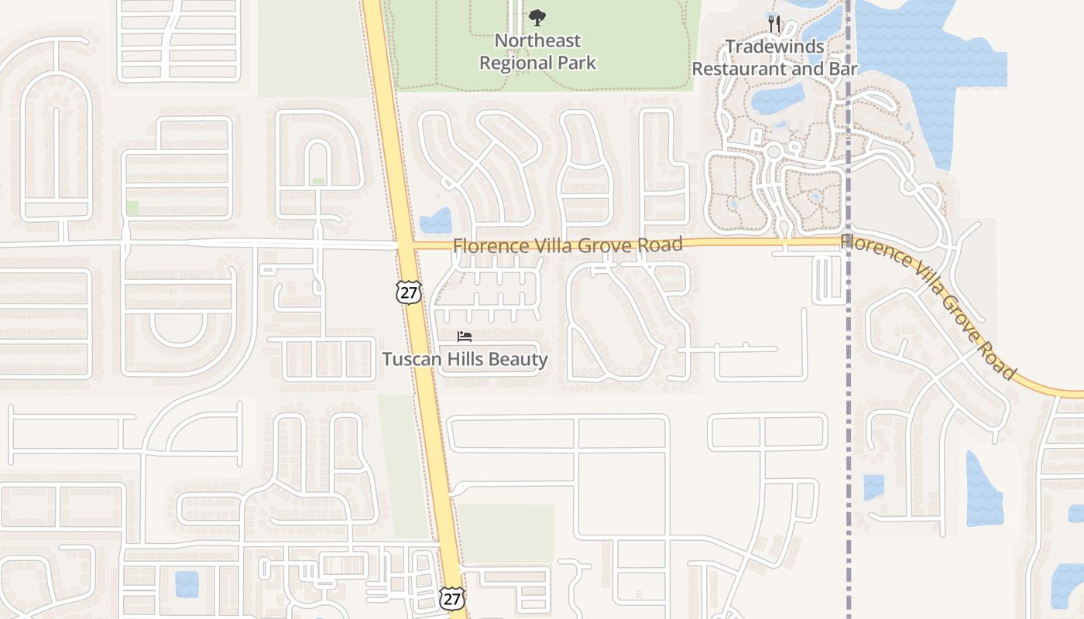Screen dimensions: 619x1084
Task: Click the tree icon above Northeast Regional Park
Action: point(537,17)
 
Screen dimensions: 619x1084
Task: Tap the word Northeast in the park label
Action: point(538,40)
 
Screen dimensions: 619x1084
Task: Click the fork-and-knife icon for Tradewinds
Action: point(775,23)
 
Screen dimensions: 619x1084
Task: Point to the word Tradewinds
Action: point(774,46)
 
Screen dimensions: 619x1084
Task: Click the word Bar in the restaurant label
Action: point(842,69)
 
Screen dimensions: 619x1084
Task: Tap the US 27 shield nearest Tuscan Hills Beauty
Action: point(408,292)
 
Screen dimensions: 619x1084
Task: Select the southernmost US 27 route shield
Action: point(452,597)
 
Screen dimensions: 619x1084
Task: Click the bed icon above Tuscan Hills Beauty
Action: point(465,337)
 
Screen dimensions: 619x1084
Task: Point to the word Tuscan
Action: point(408,359)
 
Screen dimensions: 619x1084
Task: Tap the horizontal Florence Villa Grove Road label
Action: point(568,245)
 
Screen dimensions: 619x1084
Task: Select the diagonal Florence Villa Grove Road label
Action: point(929,306)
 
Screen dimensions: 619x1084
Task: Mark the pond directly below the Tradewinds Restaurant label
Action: point(777,99)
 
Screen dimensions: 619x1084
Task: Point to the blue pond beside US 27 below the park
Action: point(436,221)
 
